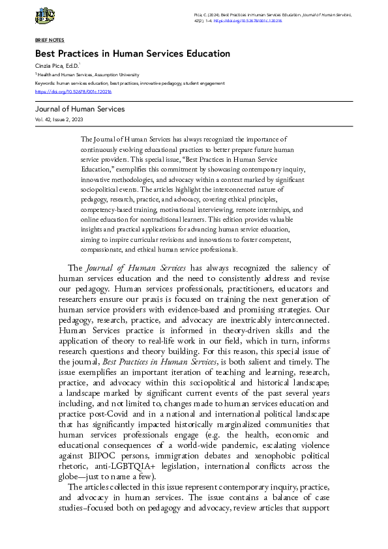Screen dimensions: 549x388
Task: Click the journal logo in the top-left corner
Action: (45, 16)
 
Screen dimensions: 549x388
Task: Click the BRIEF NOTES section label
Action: (49, 40)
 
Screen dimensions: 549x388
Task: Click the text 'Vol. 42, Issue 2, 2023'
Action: (59, 120)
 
